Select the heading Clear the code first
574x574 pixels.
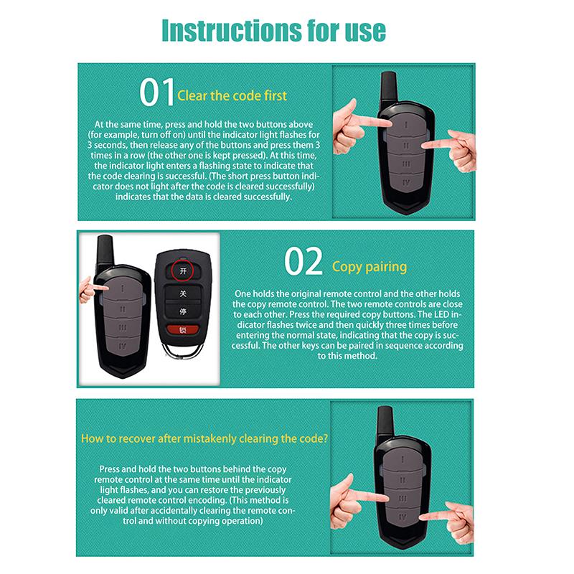[x=231, y=95]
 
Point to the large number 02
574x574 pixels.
[x=304, y=263]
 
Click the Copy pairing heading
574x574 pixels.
[x=369, y=267]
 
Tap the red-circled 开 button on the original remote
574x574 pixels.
[x=183, y=271]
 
